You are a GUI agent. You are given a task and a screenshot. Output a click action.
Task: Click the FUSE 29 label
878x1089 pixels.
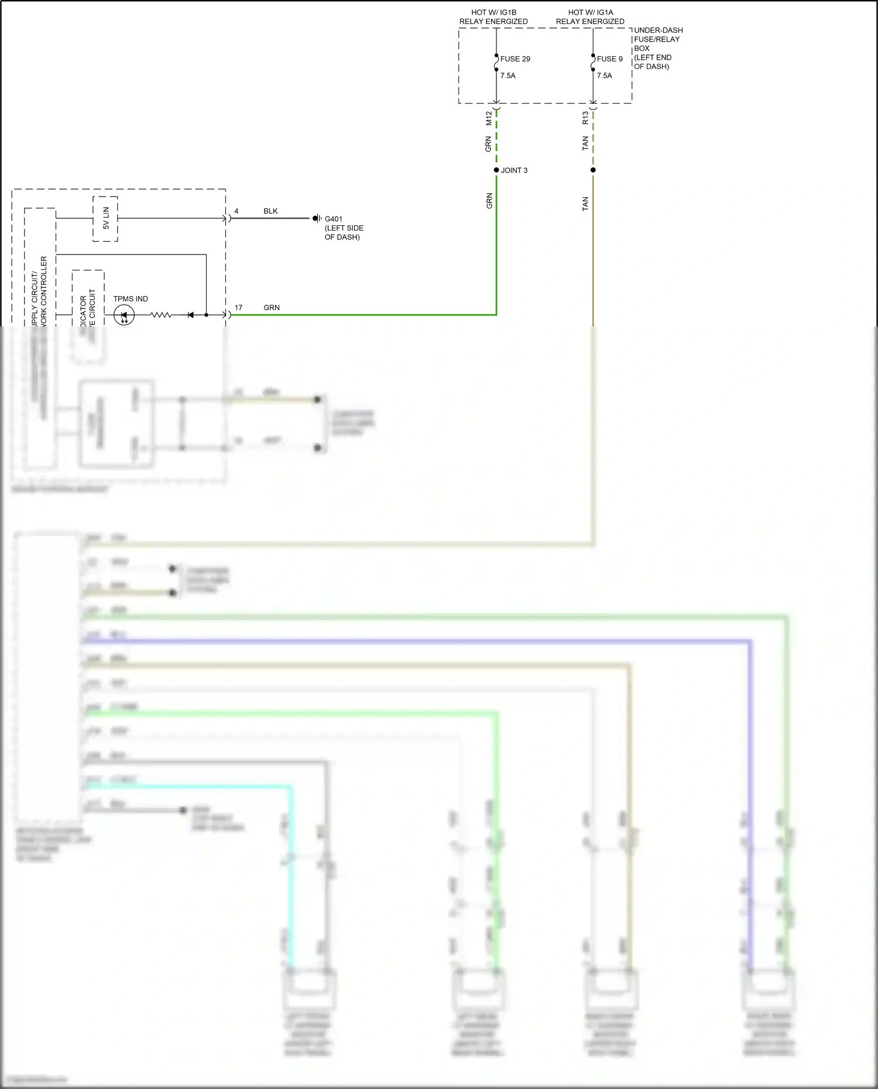pyautogui.click(x=515, y=59)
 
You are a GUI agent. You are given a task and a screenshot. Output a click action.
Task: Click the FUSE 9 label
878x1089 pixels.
pyautogui.click(x=610, y=59)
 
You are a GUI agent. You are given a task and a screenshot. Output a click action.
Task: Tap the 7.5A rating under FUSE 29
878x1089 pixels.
pyautogui.click(x=508, y=75)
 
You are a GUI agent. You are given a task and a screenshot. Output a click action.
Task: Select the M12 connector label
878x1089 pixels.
pyautogui.click(x=489, y=118)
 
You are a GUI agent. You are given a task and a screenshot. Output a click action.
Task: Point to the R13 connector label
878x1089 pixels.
pyautogui.click(x=585, y=118)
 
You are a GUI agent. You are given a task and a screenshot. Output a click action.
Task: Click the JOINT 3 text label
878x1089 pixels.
pyautogui.click(x=514, y=170)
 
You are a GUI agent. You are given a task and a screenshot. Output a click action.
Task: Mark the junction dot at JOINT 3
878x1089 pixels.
pyautogui.click(x=496, y=170)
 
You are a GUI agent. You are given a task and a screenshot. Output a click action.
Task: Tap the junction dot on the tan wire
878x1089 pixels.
pyautogui.click(x=593, y=170)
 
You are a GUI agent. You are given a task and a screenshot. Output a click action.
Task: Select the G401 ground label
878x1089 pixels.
pyautogui.click(x=334, y=219)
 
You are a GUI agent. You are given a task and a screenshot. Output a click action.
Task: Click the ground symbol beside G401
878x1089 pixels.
pyautogui.click(x=317, y=218)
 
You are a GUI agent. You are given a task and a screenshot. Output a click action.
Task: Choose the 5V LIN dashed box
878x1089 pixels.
pyautogui.click(x=105, y=218)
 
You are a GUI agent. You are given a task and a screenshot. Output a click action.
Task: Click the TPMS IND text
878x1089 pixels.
pyautogui.click(x=131, y=299)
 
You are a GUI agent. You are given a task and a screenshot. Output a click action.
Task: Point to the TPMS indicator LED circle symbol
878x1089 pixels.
pyautogui.click(x=124, y=315)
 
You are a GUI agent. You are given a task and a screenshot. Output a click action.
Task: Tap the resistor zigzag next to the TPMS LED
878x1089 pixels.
pyautogui.click(x=161, y=315)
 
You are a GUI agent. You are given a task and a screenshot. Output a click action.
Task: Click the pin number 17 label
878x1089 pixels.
pyautogui.click(x=238, y=308)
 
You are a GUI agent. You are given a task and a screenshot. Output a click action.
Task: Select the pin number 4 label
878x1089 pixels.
pyautogui.click(x=236, y=211)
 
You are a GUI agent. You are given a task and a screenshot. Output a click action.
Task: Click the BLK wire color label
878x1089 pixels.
pyautogui.click(x=270, y=211)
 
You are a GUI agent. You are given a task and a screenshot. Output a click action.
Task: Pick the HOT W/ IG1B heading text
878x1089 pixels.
pyautogui.click(x=493, y=12)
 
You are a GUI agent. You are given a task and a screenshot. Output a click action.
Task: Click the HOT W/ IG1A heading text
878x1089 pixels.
pyautogui.click(x=590, y=12)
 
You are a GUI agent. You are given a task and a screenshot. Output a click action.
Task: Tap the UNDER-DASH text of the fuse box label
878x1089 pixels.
pyautogui.click(x=658, y=30)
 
